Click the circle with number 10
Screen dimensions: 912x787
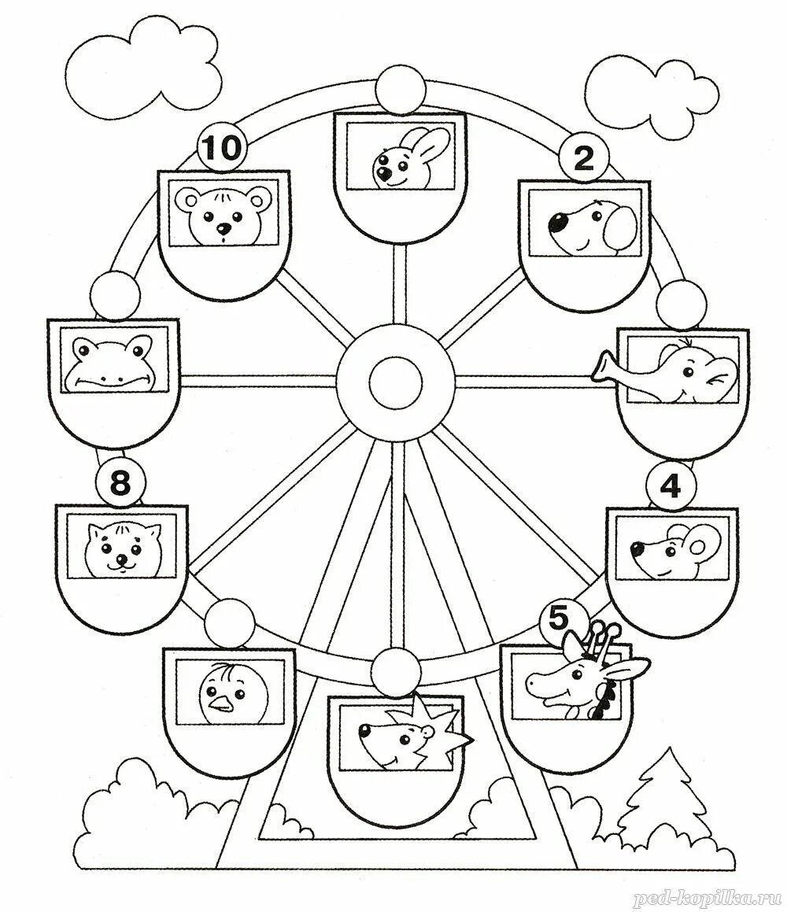(x=222, y=149)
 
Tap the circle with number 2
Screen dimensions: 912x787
(x=582, y=159)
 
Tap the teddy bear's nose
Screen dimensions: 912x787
(x=224, y=229)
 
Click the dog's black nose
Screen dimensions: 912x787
(x=560, y=223)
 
